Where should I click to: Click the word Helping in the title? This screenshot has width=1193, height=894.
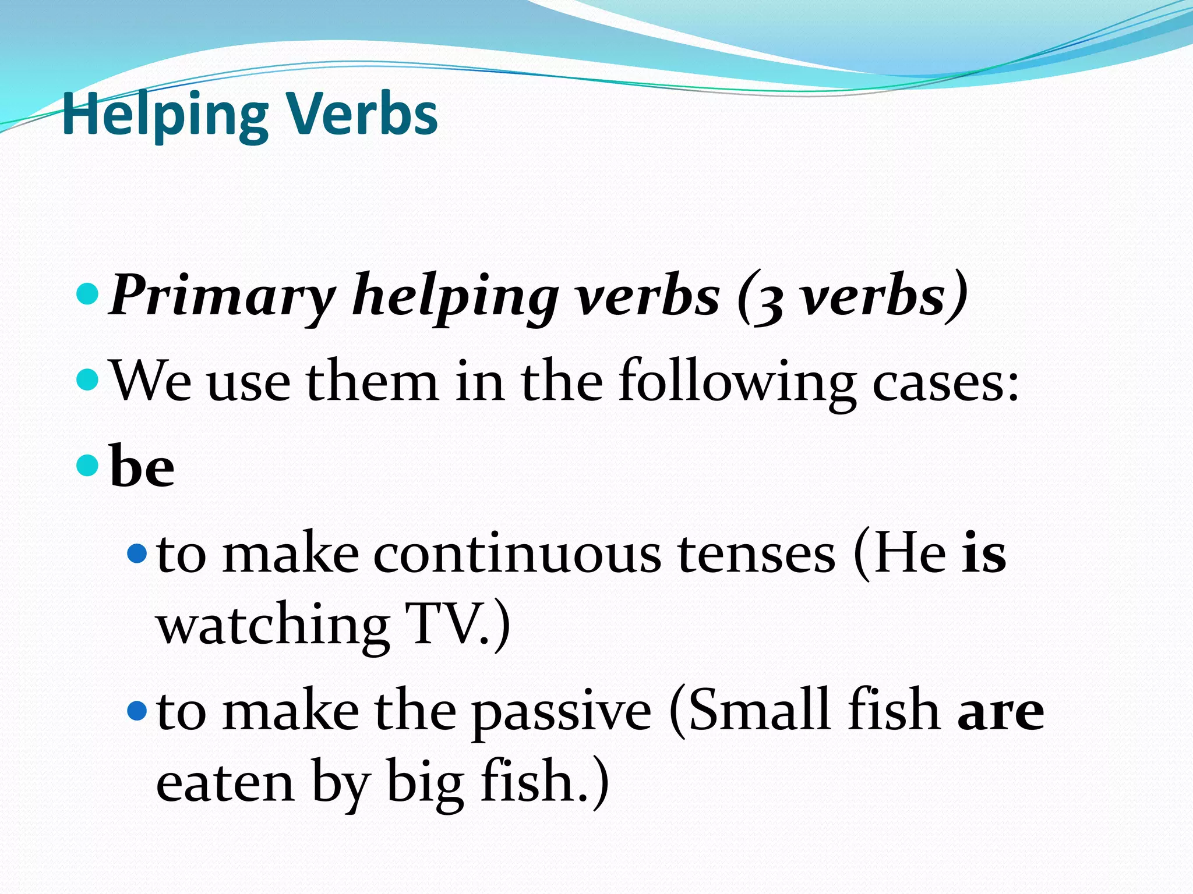click(x=165, y=115)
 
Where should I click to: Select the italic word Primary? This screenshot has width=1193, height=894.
click(x=222, y=296)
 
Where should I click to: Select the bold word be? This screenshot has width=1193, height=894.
click(x=142, y=466)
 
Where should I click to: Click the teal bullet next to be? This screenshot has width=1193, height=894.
click(x=87, y=465)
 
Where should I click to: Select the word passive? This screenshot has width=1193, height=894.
click(x=561, y=713)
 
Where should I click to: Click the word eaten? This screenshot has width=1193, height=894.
click(x=225, y=783)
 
